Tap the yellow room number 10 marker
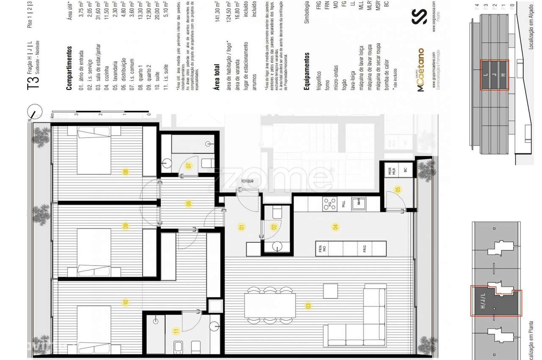click(125, 302)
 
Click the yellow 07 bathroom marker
click(189, 166)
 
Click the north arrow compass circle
click(35, 113)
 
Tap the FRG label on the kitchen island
click(364, 249)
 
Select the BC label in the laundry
click(405, 170)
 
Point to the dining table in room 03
click(270, 306)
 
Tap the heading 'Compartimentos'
click(69, 68)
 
